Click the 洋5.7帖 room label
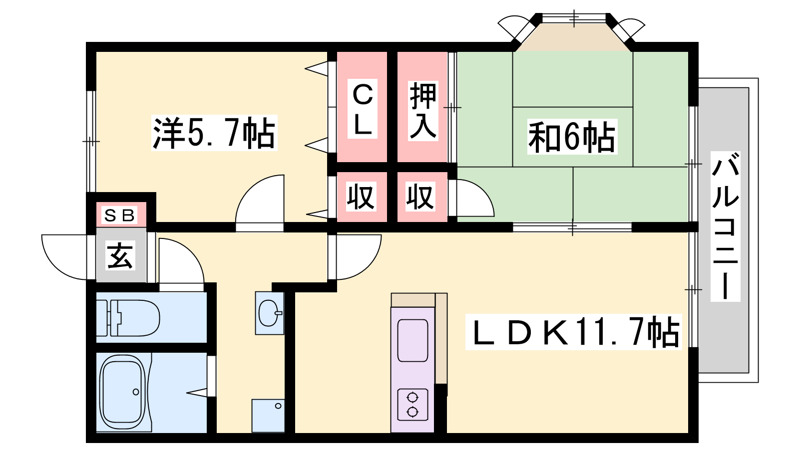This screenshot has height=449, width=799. (x=214, y=133)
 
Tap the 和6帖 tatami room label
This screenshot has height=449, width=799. (x=572, y=137)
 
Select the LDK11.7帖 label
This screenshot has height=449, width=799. (x=574, y=332)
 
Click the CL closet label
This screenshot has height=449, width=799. (x=363, y=109)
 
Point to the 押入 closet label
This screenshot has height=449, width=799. (x=423, y=111)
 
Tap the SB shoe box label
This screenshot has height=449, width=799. (x=119, y=215)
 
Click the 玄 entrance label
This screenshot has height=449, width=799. (x=120, y=255)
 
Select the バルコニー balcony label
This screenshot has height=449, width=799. (x=726, y=226)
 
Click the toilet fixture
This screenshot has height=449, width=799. (x=128, y=318)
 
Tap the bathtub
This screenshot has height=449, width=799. (x=123, y=392)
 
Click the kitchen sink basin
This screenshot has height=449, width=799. (x=412, y=340)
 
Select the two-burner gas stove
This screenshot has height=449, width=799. (x=412, y=405)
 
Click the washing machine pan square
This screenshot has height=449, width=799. (x=268, y=416)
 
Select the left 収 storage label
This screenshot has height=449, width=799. (x=361, y=197)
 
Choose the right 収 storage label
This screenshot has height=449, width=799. (x=420, y=197)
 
